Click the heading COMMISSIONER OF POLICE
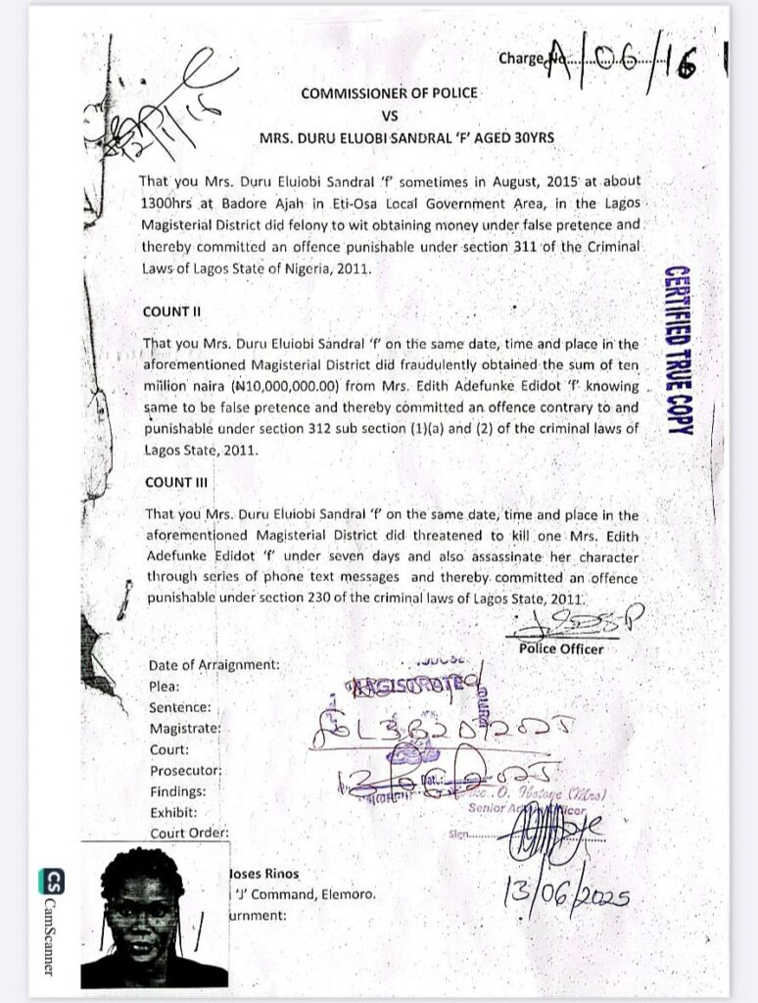(389, 93)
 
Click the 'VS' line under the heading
(390, 115)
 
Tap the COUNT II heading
(171, 311)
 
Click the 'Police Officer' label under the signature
(561, 648)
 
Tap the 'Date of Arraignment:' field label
(213, 665)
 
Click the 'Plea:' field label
(164, 687)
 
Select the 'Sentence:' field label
(180, 707)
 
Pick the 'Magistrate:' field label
(184, 729)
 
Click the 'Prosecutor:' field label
(185, 771)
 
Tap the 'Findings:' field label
(177, 791)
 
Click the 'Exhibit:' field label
(173, 813)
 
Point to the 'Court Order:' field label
(189, 834)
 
